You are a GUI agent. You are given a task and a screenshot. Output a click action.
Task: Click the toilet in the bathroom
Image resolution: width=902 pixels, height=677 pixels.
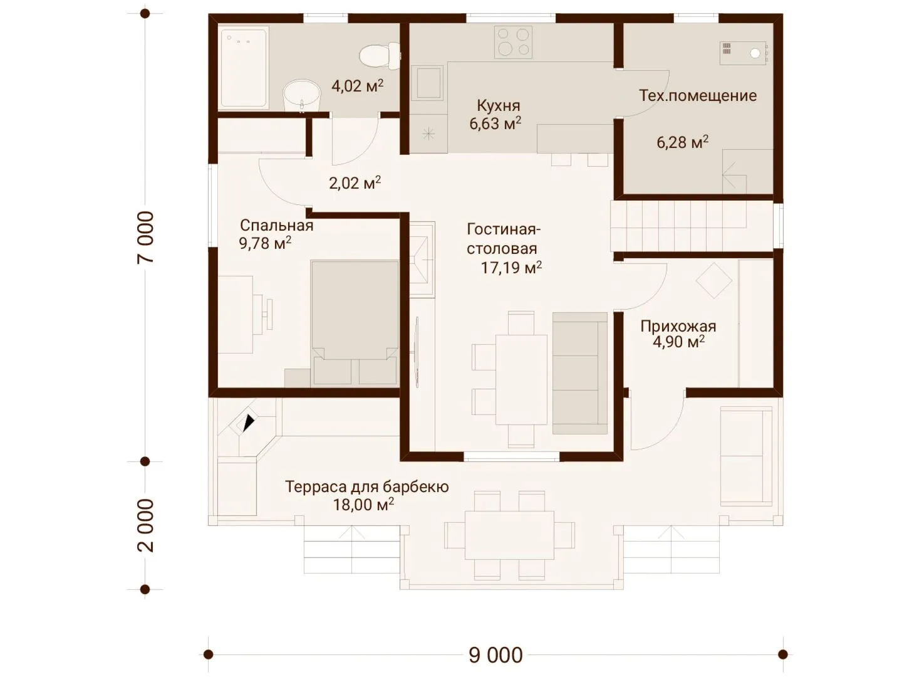coord(379,56)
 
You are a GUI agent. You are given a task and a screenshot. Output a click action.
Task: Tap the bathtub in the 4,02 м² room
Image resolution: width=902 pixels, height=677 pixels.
coord(243,68)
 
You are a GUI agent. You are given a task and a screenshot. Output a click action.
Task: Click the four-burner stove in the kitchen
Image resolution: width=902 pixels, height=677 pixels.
coord(513,43)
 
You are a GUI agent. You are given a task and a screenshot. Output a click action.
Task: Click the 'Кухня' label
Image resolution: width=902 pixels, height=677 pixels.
coord(498,106)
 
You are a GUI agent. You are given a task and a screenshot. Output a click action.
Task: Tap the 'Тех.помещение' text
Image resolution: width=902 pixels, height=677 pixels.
coord(698,96)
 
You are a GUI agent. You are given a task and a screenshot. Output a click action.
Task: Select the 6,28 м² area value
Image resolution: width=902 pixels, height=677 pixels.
coord(682,142)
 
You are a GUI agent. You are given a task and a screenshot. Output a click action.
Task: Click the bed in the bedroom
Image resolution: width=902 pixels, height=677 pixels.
coord(355,323)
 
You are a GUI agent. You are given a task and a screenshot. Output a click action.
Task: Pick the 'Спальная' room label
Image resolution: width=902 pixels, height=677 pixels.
coord(277,226)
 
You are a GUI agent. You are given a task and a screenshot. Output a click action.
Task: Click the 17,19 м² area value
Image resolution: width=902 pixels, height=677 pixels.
coord(511,268)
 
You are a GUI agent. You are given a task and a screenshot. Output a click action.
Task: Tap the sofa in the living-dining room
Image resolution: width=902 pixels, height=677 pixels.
coord(580,373)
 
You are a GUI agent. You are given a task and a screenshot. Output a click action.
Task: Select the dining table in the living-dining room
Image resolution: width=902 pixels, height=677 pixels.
coord(522,379)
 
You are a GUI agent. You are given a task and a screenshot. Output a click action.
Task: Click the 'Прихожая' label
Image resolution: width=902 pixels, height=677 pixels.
coord(678,327)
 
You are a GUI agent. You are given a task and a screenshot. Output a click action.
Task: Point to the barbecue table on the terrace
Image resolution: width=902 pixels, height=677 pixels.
coord(509,535)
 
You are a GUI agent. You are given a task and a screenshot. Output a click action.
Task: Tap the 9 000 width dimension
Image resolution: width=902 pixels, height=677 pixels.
coord(495,654)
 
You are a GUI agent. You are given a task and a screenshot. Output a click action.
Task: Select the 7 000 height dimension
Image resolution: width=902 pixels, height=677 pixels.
coord(145,237)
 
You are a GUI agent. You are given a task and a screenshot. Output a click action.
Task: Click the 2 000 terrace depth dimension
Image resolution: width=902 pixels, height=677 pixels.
coord(145,525)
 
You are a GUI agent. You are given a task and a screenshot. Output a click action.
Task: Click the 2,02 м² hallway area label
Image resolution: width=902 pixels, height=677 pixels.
coord(355,183)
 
